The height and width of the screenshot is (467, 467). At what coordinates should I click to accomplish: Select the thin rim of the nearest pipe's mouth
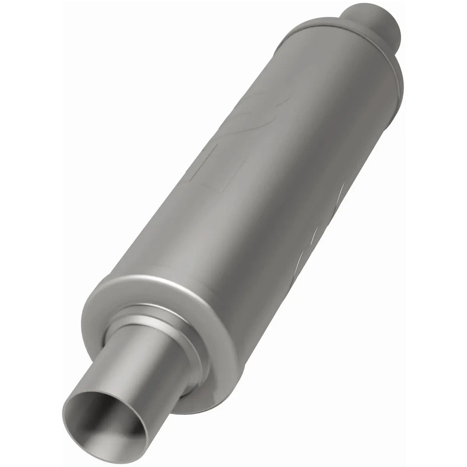68,409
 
